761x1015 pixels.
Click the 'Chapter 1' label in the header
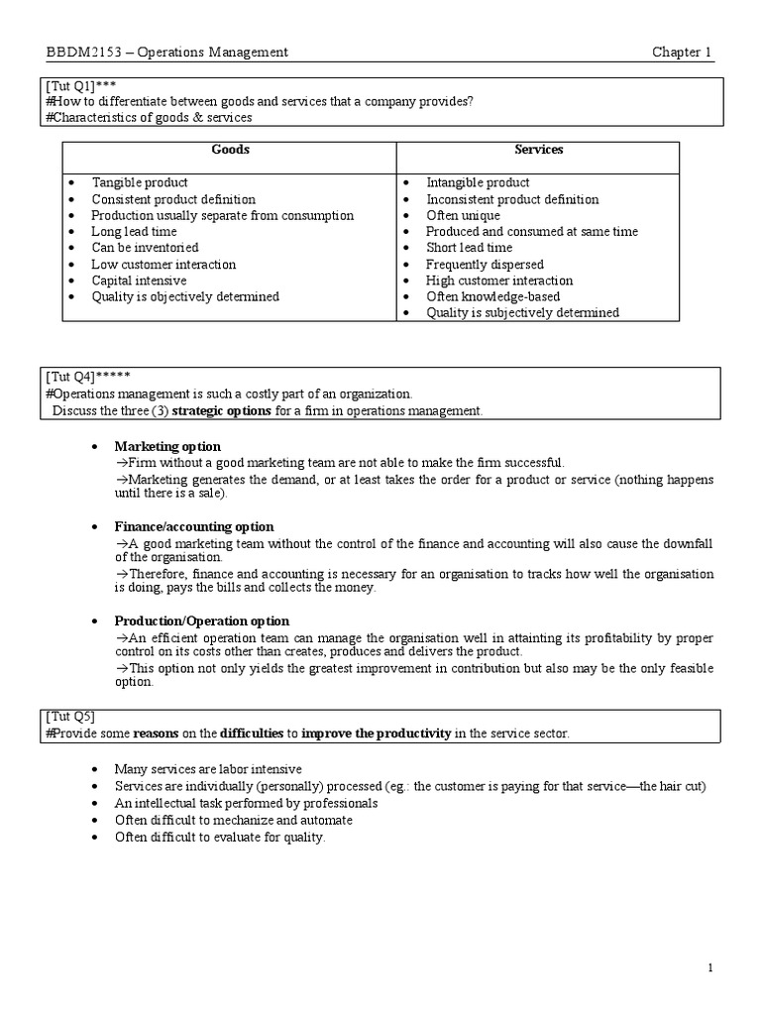(x=682, y=53)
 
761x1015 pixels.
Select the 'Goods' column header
(x=230, y=150)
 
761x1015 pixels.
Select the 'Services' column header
(x=539, y=150)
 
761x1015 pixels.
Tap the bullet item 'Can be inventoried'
(x=145, y=248)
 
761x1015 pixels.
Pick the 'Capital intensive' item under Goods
(x=139, y=281)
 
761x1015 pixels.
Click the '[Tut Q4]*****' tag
(x=86, y=377)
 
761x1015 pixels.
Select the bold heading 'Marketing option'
(x=167, y=446)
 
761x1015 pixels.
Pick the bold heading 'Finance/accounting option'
(x=194, y=526)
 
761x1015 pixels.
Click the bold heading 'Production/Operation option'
(x=201, y=620)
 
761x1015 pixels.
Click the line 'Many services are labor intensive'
(x=208, y=769)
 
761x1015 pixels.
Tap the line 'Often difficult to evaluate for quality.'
(x=220, y=837)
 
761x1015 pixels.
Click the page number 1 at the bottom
(x=710, y=967)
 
